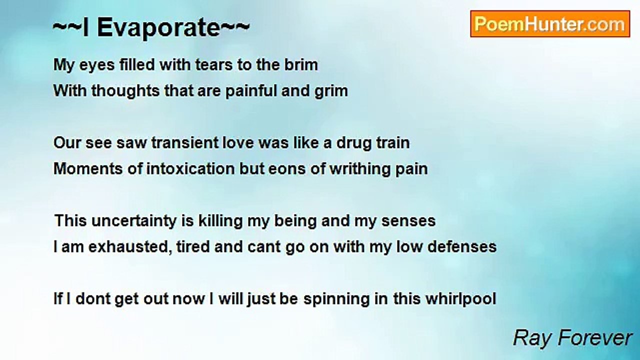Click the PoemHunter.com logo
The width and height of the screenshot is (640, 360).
550,24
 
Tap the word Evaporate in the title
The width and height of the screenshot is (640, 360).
158,28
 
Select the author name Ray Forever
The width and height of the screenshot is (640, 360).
572,338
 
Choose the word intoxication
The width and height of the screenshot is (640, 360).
190,168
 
